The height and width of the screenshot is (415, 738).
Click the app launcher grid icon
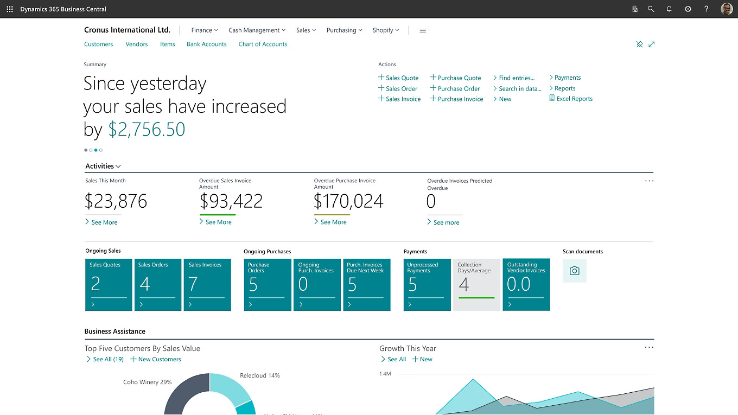tap(10, 9)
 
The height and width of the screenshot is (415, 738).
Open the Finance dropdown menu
tap(205, 30)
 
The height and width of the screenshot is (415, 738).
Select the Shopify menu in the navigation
tap(385, 30)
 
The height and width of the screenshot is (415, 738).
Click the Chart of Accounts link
tap(263, 44)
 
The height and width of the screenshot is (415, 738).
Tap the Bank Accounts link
tap(206, 44)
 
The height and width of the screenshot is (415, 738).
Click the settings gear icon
tap(688, 9)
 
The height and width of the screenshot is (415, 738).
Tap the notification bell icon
tap(669, 9)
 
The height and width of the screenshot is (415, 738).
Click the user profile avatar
tap(726, 9)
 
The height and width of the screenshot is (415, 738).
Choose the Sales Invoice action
tap(403, 99)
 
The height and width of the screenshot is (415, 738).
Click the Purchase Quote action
tap(459, 78)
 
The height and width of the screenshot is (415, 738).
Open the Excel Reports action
tap(574, 99)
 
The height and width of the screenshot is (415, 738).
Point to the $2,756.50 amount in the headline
tap(147, 130)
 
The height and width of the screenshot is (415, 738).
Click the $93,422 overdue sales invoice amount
tap(231, 202)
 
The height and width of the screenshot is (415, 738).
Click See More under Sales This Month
tap(104, 222)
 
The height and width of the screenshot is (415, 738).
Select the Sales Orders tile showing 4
tap(158, 285)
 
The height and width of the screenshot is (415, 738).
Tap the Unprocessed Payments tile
tap(427, 285)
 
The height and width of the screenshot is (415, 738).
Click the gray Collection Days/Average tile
tap(476, 285)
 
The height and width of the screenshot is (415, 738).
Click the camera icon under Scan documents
tap(574, 271)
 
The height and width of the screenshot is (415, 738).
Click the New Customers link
tap(159, 360)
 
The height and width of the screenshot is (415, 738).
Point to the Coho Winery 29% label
tap(147, 382)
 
